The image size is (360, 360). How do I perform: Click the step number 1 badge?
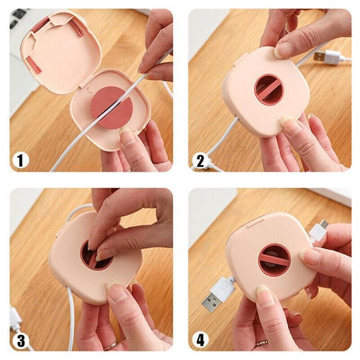point(20,160)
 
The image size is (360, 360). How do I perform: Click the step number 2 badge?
point(200,160)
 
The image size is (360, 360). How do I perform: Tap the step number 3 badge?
point(20,340)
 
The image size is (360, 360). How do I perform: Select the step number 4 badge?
point(200,340)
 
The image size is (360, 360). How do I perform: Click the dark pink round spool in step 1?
point(112,107)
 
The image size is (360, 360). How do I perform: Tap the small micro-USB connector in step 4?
point(319,229)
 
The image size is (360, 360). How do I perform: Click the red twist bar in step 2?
point(268,89)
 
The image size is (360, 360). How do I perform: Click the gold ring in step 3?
point(110,347)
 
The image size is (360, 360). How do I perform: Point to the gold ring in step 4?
point(261,343)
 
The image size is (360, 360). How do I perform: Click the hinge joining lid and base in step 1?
point(83,84)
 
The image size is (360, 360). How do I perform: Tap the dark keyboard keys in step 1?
point(18,17)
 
